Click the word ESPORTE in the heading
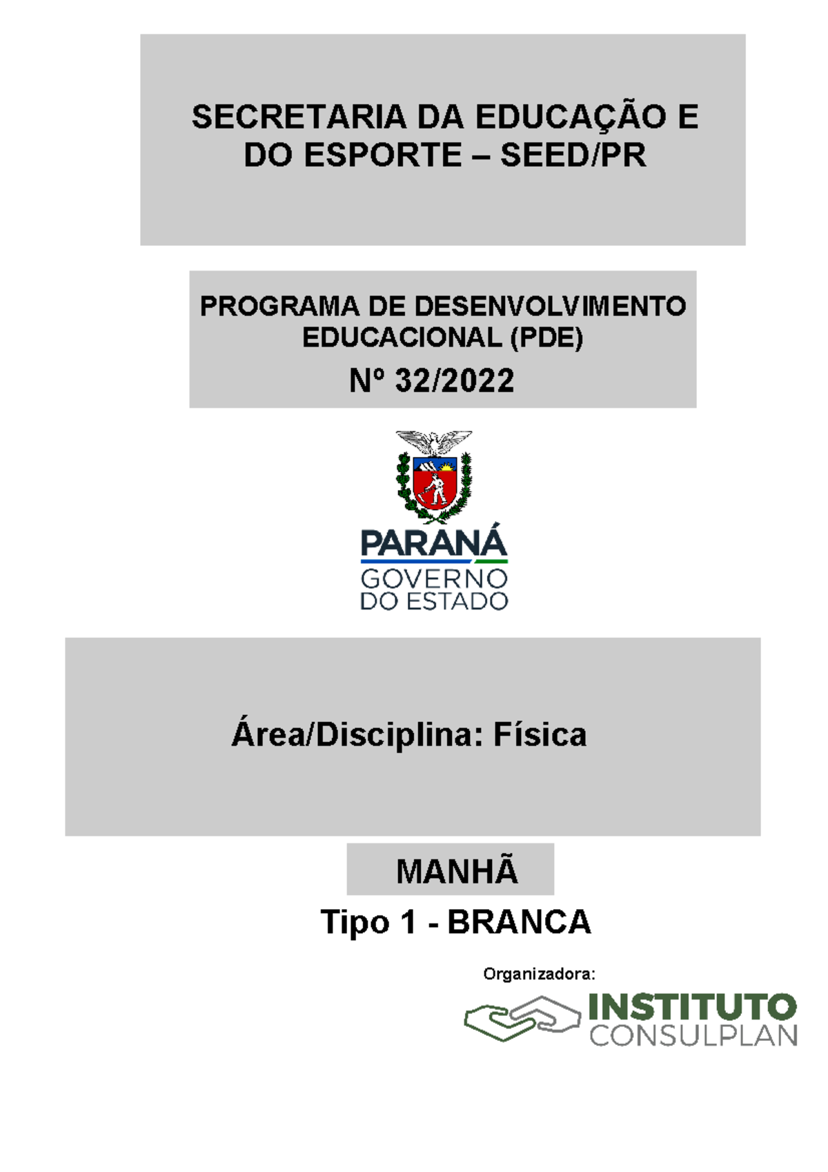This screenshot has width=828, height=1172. coord(383,155)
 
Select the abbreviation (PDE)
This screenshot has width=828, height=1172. coord(546,338)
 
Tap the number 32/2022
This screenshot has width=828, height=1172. coord(455,380)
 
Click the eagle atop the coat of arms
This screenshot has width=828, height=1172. coord(433,442)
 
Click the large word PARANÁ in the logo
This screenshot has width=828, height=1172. coord(434,543)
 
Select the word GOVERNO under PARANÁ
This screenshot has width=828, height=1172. coord(434,578)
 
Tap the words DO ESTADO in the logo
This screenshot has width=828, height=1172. coord(434,601)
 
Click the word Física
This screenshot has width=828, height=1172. coord(540,734)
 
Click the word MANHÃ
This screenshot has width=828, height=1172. coord(457,871)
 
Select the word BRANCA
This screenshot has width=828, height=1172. coord(519,922)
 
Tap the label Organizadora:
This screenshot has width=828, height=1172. coord(539,974)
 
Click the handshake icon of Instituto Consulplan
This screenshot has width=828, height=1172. coord(522,1018)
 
